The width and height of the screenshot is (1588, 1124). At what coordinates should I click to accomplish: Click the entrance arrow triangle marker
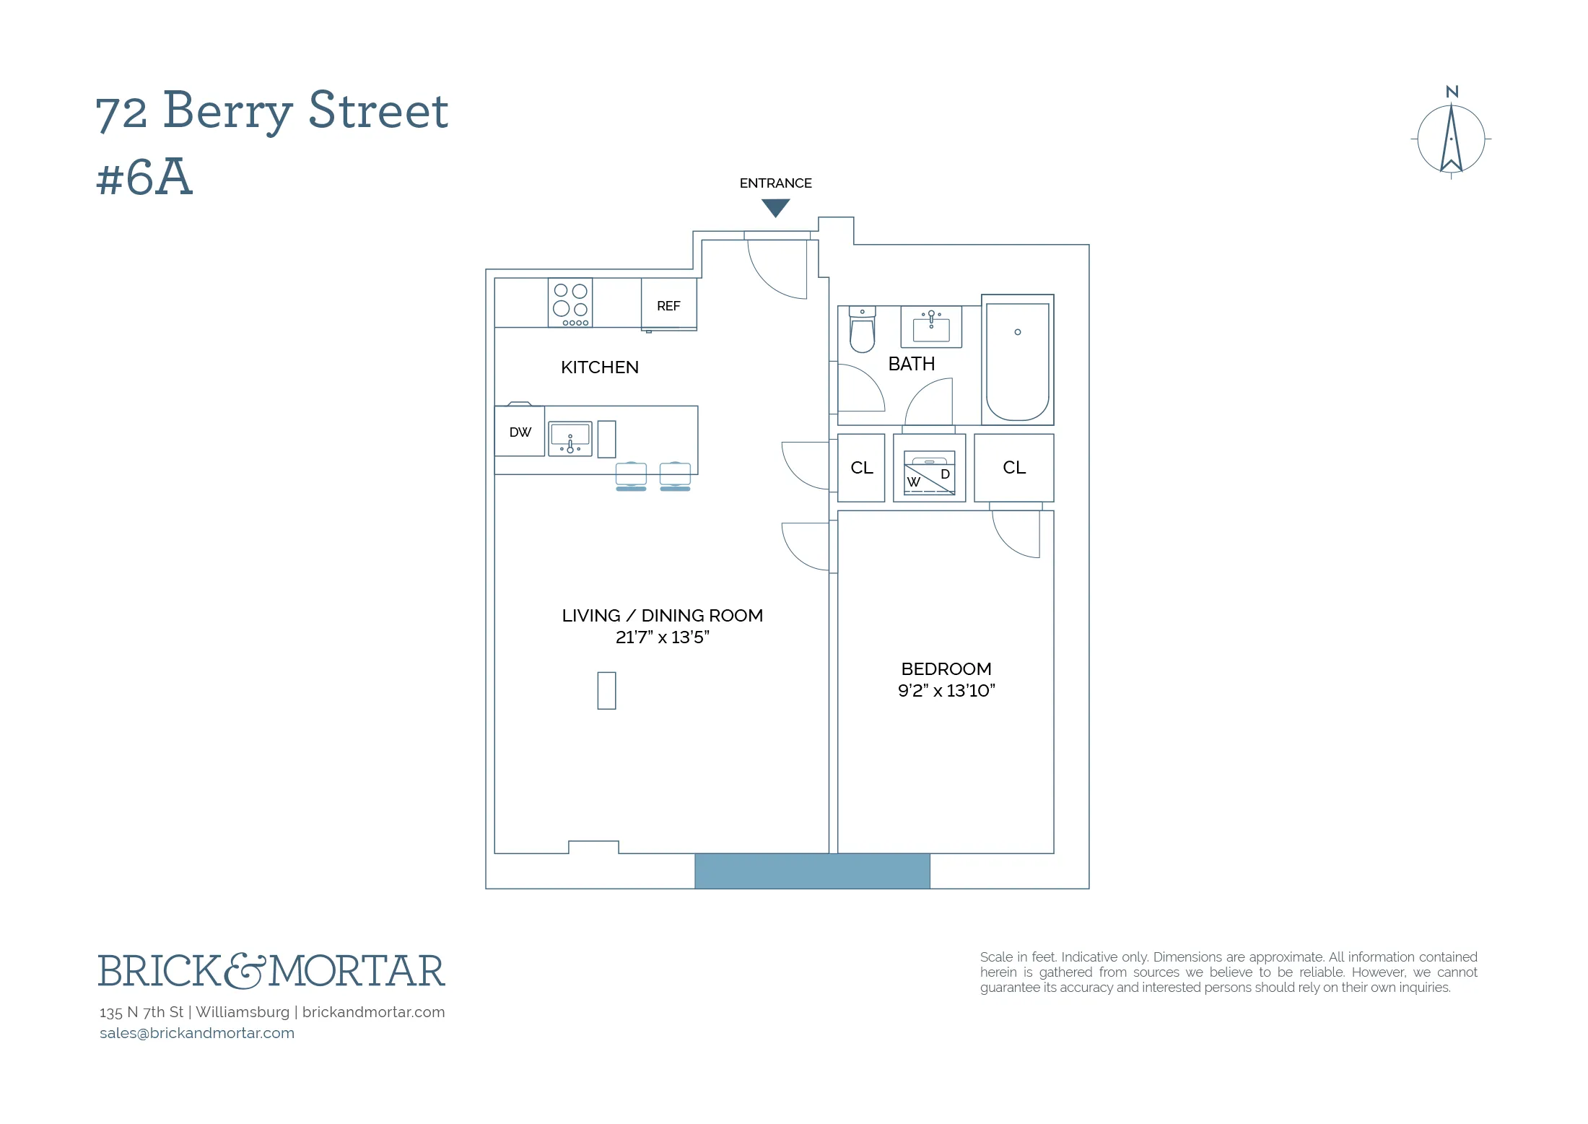point(775,207)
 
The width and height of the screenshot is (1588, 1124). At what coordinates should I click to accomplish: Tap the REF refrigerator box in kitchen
point(668,305)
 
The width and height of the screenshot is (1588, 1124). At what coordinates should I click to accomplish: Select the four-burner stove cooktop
point(570,303)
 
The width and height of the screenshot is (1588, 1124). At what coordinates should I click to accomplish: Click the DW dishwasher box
point(520,432)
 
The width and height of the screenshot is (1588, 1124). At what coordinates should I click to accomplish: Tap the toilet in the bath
point(862,330)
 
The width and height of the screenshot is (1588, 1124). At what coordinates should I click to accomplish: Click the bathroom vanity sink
point(931,327)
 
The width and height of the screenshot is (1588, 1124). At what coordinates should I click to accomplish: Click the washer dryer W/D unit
point(929,473)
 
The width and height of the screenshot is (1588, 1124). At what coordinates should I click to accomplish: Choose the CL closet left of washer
point(861,468)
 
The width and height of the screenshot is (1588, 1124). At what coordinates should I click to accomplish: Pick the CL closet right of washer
point(1013,468)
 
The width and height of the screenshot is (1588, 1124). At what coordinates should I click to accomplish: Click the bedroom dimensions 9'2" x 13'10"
point(946,691)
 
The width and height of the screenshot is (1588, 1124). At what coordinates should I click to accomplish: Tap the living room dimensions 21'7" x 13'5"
point(662,637)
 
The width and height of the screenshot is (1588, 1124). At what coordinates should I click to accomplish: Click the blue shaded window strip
point(812,871)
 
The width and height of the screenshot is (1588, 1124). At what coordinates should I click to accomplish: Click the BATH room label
point(911,364)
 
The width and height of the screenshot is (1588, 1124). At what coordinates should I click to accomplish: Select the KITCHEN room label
point(599,367)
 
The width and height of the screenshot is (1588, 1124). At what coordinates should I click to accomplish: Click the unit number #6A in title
point(144,178)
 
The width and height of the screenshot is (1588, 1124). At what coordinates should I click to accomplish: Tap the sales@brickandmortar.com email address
point(197,1033)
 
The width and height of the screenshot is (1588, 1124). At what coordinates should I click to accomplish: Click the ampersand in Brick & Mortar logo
point(245,971)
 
